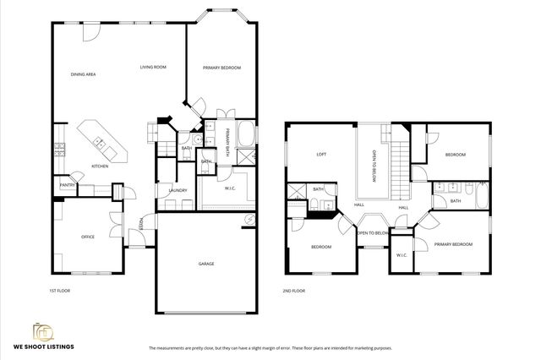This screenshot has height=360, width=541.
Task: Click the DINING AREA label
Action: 83,74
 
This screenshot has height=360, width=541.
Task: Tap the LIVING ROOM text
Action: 152,67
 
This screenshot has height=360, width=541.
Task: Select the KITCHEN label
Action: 100,166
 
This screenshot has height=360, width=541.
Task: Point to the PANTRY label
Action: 68,185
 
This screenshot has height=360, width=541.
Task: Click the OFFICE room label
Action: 87,237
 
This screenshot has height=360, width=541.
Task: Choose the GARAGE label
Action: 206,264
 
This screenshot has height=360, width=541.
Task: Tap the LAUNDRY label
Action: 178,190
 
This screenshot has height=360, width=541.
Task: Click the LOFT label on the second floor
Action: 321,155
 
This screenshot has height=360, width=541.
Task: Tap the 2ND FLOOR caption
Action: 294,290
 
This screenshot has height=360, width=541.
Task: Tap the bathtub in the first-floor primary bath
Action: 246,134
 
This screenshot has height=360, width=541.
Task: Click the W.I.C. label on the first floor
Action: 229,188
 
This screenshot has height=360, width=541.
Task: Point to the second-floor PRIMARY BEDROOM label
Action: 453,244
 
